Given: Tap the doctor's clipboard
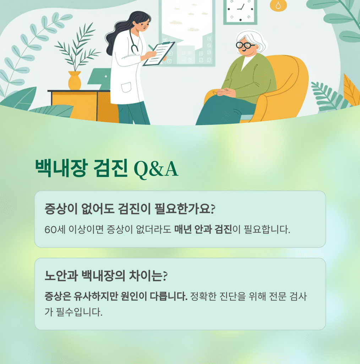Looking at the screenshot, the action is pos(159,54).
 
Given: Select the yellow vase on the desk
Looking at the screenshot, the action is pos(75,80).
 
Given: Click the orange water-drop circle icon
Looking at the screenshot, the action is pos(278,5).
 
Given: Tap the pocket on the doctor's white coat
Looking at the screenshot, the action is pos(126,87).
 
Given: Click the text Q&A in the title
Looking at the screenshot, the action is pos(156,169).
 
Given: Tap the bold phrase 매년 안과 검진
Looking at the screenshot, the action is pos(203,229).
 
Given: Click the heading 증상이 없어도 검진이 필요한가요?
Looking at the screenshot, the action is pos(130,208).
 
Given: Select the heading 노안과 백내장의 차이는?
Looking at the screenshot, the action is pos(106,275).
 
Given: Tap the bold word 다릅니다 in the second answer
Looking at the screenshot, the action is pos(169,296).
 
